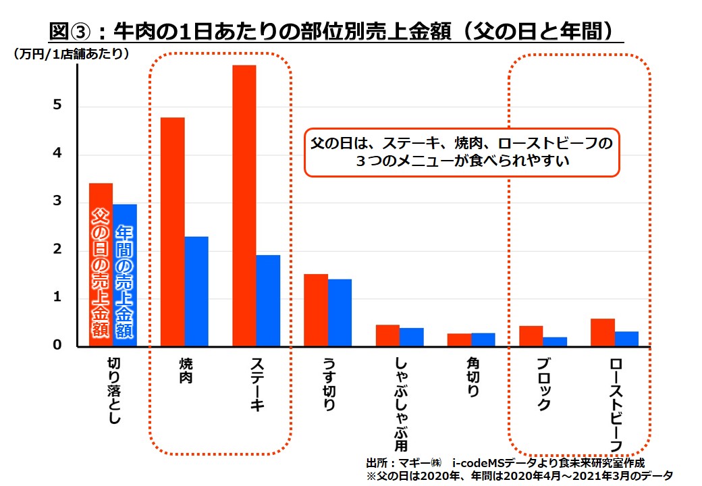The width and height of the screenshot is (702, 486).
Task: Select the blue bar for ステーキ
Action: (x=268, y=300)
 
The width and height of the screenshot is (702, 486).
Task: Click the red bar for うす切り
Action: (x=316, y=310)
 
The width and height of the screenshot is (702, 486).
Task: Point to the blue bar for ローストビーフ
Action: (x=626, y=339)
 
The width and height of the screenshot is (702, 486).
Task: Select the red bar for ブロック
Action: (x=531, y=336)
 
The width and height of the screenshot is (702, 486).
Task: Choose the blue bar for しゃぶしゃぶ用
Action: (x=411, y=337)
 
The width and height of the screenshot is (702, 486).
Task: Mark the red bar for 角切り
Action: (x=459, y=340)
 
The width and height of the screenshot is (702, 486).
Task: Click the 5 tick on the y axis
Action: (x=58, y=106)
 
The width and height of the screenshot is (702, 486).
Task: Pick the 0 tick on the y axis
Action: (x=58, y=346)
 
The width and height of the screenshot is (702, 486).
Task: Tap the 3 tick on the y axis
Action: (x=58, y=202)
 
